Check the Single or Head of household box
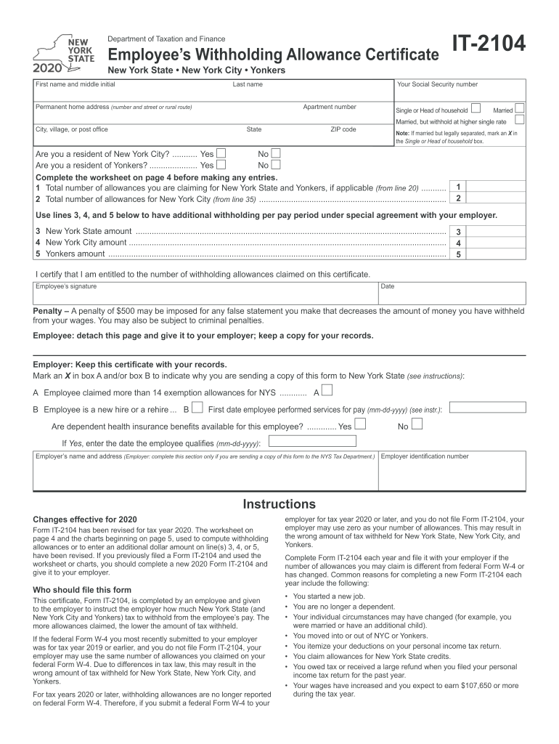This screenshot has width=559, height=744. pos(476,109)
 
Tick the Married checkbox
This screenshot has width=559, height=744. pos(519,109)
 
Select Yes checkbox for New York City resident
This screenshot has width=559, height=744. pos(221,154)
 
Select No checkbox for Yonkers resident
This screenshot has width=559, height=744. pos(276,165)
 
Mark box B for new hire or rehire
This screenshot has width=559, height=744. pos(197,409)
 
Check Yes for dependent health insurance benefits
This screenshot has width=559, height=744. pos(360,425)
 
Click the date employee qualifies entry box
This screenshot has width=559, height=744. pos(313,442)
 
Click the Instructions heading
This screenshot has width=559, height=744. pos(279,504)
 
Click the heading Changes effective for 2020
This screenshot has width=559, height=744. pos(84,520)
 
